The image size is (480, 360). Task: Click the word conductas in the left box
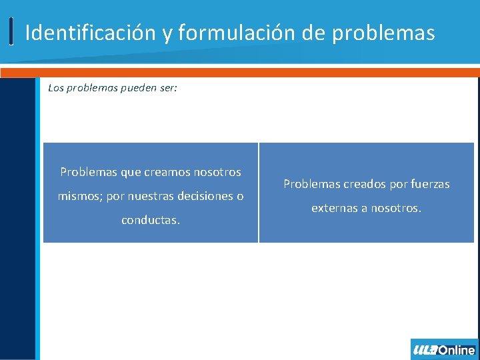click(150, 220)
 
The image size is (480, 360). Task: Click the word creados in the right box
click(359, 184)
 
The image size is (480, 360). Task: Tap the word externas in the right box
click(334, 208)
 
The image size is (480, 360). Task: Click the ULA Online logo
click(444, 349)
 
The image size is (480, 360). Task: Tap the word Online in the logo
click(456, 349)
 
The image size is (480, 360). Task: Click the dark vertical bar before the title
click(12, 31)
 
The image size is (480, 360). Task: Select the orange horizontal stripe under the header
click(240, 72)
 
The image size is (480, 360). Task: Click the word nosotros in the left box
click(217, 172)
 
